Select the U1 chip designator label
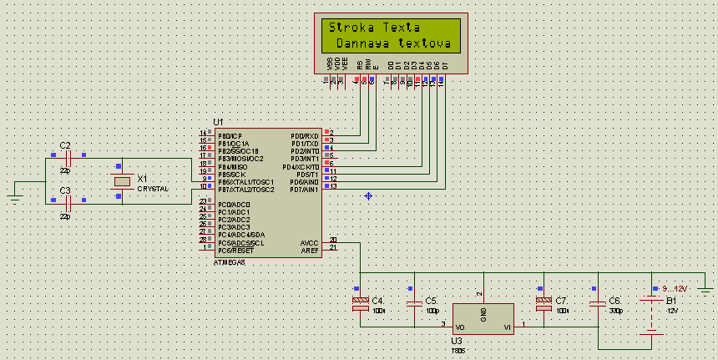[x=219, y=122]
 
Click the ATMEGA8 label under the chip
[x=230, y=262]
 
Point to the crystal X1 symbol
[x=122, y=181]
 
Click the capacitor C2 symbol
[x=70, y=157]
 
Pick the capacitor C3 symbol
[x=70, y=202]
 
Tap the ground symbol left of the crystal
[x=14, y=198]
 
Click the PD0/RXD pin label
[x=304, y=136]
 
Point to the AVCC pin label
[x=309, y=243]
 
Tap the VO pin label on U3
[x=460, y=327]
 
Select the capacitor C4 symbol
[x=361, y=303]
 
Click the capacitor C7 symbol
[x=544, y=303]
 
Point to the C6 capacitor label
[x=614, y=300]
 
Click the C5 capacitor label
[x=431, y=300]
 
